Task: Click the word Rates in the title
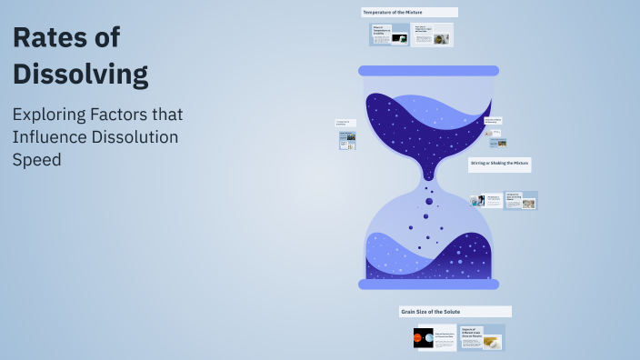pyautogui.click(x=46, y=38)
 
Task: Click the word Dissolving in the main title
pyautogui.click(x=80, y=73)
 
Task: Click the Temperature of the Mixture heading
pyautogui.click(x=409, y=12)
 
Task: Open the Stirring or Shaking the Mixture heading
pyautogui.click(x=499, y=165)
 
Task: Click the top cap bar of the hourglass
pyautogui.click(x=428, y=70)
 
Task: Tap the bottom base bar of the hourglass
pyautogui.click(x=428, y=285)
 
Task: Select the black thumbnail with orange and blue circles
pyautogui.click(x=423, y=338)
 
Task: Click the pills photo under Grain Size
pyautogui.click(x=492, y=342)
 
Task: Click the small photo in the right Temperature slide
pyautogui.click(x=441, y=39)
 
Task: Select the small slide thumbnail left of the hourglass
pyautogui.click(x=347, y=140)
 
